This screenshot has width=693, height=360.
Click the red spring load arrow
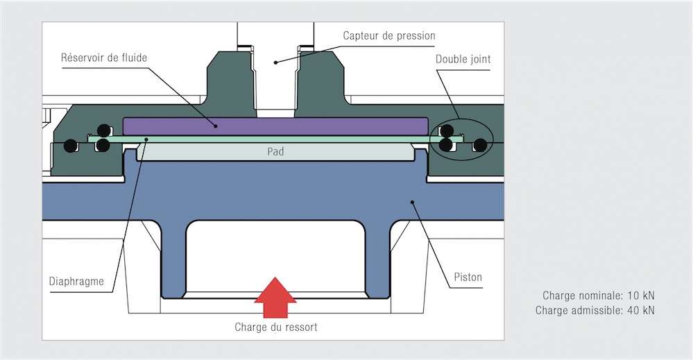275,298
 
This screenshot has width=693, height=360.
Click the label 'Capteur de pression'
389,36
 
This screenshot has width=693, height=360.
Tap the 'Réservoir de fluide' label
104,58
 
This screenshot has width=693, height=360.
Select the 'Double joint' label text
463,59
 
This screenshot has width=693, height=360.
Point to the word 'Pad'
275,151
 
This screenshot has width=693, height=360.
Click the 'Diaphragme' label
76,282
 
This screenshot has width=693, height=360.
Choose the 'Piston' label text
468,277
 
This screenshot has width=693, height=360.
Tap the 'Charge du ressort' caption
276,327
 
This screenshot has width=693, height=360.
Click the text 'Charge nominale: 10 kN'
599,295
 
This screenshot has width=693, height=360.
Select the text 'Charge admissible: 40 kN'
595,310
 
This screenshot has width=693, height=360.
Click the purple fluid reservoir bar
275,126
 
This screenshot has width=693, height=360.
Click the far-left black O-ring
70,146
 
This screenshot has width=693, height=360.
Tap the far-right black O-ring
480,144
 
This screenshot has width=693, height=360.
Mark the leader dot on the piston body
412,203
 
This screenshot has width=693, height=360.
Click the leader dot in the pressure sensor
275,62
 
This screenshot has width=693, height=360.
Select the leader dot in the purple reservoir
216,126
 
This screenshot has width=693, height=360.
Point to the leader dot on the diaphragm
147,139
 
